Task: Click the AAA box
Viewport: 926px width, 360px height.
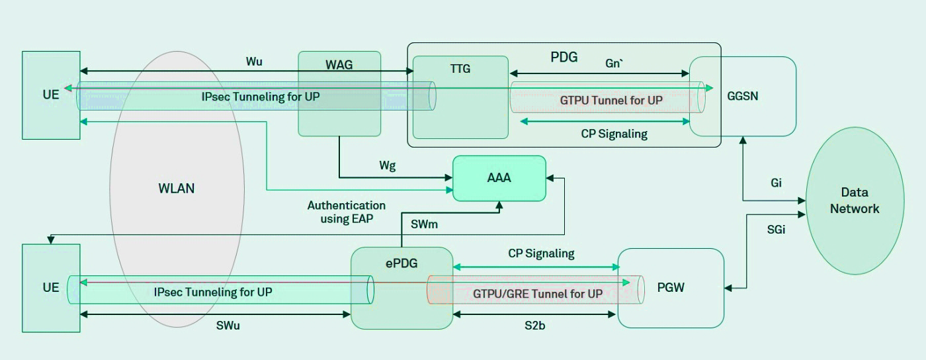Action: click(x=499, y=178)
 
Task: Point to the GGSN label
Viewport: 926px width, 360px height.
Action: click(x=741, y=95)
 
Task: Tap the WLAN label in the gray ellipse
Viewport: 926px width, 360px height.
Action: click(x=177, y=188)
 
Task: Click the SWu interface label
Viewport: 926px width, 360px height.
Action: click(x=228, y=325)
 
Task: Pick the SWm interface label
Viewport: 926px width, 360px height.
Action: click(x=424, y=225)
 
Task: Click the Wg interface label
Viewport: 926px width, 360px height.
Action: click(x=388, y=166)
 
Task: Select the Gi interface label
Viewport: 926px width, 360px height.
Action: click(x=776, y=183)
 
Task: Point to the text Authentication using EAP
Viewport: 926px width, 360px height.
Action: click(x=347, y=212)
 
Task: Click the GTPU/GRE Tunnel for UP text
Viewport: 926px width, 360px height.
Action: click(x=538, y=293)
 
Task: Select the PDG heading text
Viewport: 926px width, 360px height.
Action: click(x=564, y=57)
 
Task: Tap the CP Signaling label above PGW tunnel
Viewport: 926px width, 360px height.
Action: click(x=541, y=253)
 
